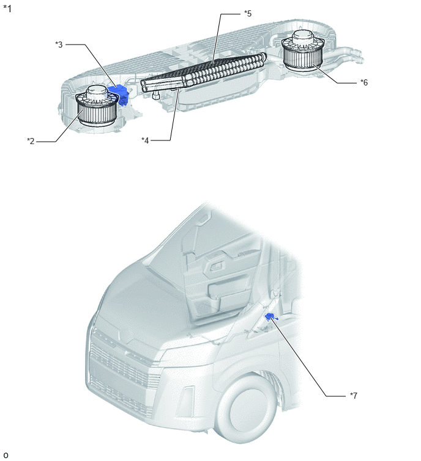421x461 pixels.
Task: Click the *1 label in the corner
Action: pos(7,9)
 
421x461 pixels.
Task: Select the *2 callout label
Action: pos(31,141)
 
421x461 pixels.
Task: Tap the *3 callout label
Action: pos(59,45)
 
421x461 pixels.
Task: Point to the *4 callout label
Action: pos(145,140)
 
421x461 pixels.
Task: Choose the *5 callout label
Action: pos(248,13)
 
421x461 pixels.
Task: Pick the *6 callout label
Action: pos(364,82)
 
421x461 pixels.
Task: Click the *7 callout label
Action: pos(354,396)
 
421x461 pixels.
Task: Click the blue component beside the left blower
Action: pos(119,93)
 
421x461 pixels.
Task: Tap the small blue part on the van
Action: pos(270,317)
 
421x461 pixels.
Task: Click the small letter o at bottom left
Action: pos(6,456)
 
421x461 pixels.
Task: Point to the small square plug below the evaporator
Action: pos(155,95)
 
